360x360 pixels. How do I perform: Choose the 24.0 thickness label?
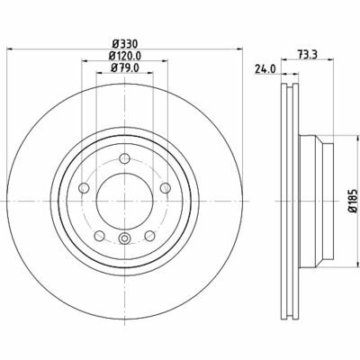point(265,67)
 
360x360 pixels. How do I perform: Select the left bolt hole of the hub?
point(83,188)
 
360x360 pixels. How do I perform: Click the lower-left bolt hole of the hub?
point(98,236)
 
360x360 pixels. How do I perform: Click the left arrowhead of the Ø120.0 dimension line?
point(83,61)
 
